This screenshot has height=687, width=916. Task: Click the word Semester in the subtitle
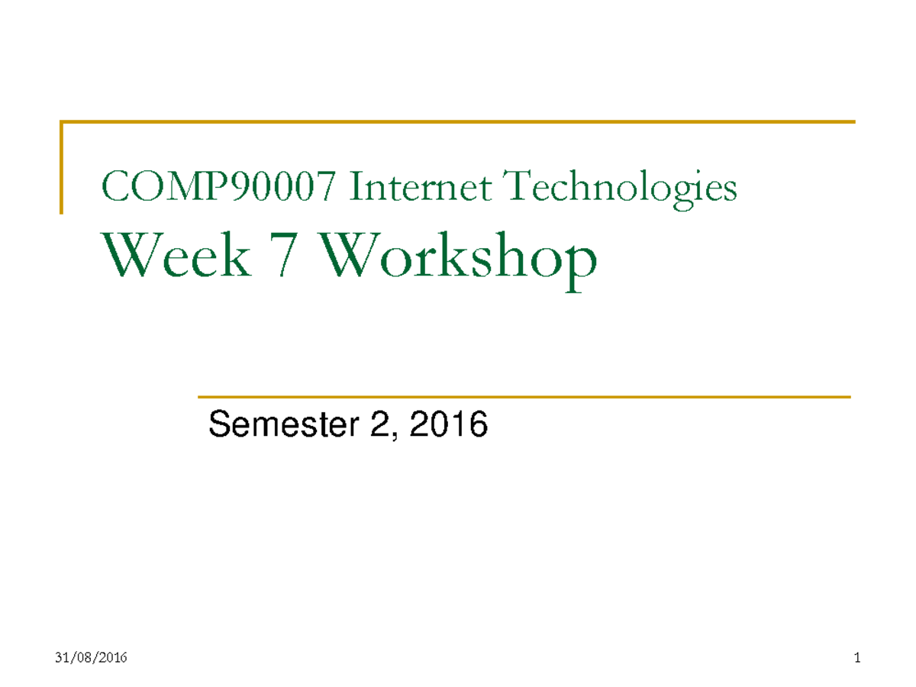click(x=279, y=425)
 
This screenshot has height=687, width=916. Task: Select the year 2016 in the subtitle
click(x=449, y=425)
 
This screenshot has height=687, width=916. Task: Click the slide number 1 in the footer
click(x=857, y=658)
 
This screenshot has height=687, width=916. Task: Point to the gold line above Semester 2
click(x=524, y=397)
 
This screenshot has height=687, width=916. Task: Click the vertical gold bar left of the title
click(x=61, y=166)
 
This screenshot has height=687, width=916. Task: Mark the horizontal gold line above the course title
click(x=458, y=121)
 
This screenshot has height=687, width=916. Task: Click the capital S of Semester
click(x=219, y=425)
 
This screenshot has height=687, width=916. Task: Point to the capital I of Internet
click(x=354, y=188)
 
